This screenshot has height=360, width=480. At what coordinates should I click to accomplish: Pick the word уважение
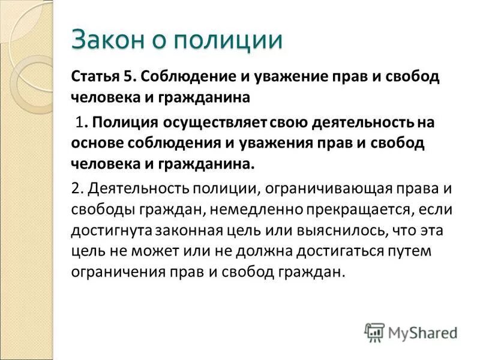point(272,77)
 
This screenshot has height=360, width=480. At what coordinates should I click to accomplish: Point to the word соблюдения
point(172,143)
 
